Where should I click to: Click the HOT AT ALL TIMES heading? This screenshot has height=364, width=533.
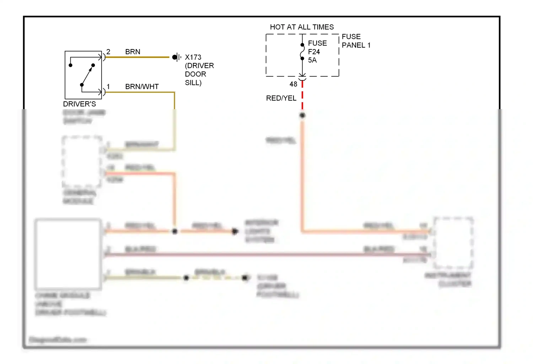tap(302, 27)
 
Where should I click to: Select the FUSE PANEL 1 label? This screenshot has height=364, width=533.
tap(356, 41)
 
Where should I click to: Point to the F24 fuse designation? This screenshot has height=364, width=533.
tap(314, 52)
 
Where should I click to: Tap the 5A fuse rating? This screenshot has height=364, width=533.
tap(312, 60)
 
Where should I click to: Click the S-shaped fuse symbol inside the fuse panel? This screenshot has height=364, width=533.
tap(302, 52)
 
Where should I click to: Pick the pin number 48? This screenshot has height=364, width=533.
tap(293, 84)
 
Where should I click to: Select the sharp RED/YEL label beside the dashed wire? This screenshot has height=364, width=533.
tap(281, 98)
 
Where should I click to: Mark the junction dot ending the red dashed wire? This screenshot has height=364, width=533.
tap(302, 115)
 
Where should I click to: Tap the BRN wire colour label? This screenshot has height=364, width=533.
tap(133, 52)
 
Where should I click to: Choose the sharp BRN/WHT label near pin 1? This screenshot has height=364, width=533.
tap(142, 87)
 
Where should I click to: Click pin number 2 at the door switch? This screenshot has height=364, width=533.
tap(108, 52)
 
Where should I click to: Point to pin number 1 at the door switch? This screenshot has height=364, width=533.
tap(108, 87)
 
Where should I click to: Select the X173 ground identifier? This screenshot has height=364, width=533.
tap(193, 57)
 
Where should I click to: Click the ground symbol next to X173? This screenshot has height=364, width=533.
tap(176, 57)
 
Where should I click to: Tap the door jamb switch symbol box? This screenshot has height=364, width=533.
tap(83, 75)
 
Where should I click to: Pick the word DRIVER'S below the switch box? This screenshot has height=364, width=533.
tap(79, 104)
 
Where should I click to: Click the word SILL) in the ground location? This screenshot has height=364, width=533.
tap(193, 83)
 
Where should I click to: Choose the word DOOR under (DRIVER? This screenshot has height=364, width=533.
tap(195, 74)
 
